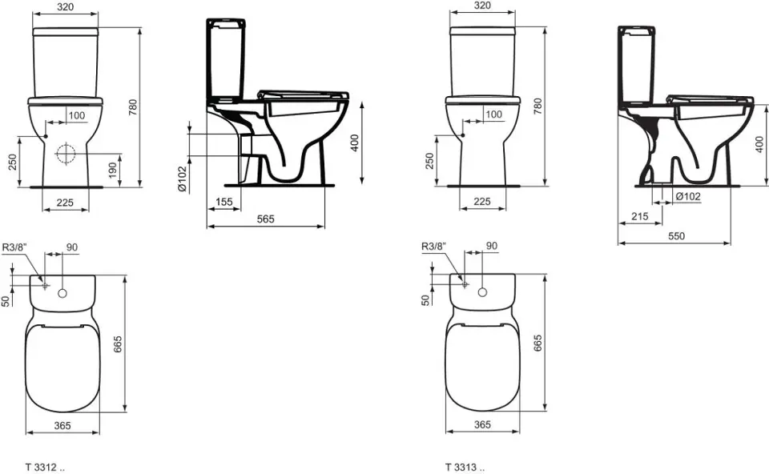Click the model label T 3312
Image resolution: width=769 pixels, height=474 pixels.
click(41, 467)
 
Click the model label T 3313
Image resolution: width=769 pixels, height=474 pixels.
click(461, 467)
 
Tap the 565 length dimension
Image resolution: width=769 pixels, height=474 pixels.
click(266, 219)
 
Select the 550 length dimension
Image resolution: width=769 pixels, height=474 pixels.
click(676, 235)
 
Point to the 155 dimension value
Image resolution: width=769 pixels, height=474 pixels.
click(223, 202)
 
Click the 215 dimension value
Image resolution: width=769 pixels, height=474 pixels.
click(639, 216)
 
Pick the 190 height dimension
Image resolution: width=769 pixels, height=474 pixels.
click(113, 170)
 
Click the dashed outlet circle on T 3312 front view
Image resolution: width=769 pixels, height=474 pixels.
click(65, 154)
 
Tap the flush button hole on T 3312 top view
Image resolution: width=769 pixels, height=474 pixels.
click(62, 293)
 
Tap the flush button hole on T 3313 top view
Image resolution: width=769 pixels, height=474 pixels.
click(482, 292)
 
